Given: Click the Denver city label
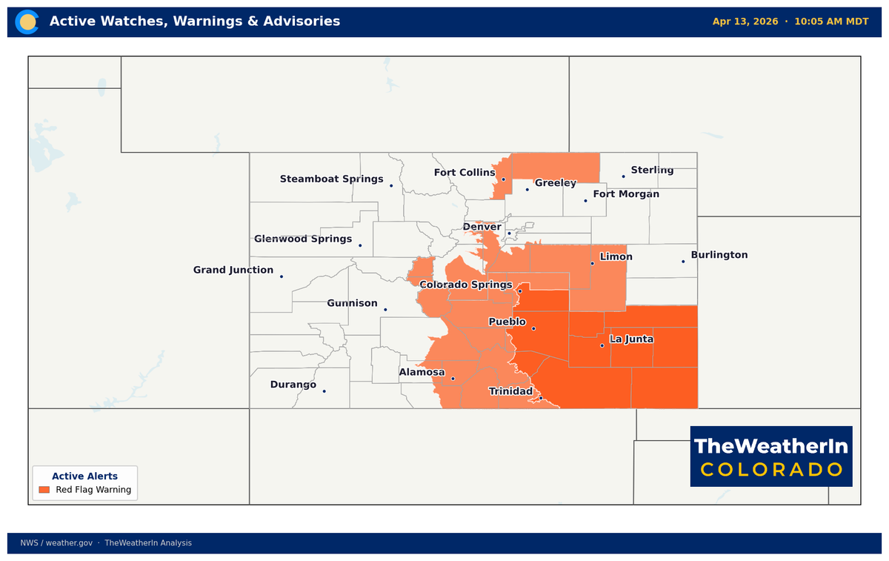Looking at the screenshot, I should (x=482, y=227).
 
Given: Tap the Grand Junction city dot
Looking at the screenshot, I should (x=282, y=276).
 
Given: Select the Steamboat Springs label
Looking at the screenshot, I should (x=331, y=179).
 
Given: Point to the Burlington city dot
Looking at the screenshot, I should (x=683, y=261).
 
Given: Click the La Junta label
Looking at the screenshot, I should (x=631, y=339).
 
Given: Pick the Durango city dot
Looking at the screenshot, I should (x=324, y=391).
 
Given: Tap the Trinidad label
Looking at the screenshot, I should (x=510, y=391).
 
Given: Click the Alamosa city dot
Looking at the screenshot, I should (x=453, y=379).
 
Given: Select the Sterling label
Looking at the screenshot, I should (x=652, y=170).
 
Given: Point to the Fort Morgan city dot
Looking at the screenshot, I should (x=585, y=200).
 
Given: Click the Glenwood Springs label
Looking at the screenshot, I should (x=303, y=239).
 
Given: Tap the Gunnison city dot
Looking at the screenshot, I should (x=385, y=310).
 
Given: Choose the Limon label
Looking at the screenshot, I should (x=616, y=257).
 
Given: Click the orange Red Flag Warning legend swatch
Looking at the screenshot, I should (x=44, y=490).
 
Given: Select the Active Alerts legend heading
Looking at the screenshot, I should (x=84, y=477).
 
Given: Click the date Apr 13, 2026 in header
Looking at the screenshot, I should (x=745, y=21).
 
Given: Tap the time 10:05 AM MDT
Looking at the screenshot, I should (x=831, y=21).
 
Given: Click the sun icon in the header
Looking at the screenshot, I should (x=28, y=21).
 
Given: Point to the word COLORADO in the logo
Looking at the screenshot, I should (x=771, y=470).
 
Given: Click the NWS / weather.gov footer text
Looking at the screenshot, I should (x=56, y=543).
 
